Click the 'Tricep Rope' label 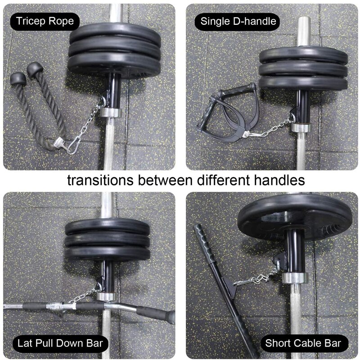coord(45,21)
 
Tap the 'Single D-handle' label coord(238,21)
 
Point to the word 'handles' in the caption coord(276,181)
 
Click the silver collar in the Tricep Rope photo coord(108,112)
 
